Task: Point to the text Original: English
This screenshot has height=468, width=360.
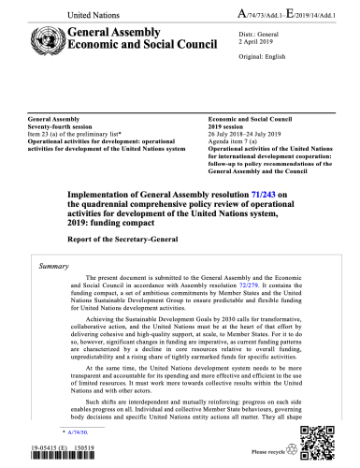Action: click(231, 60)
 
